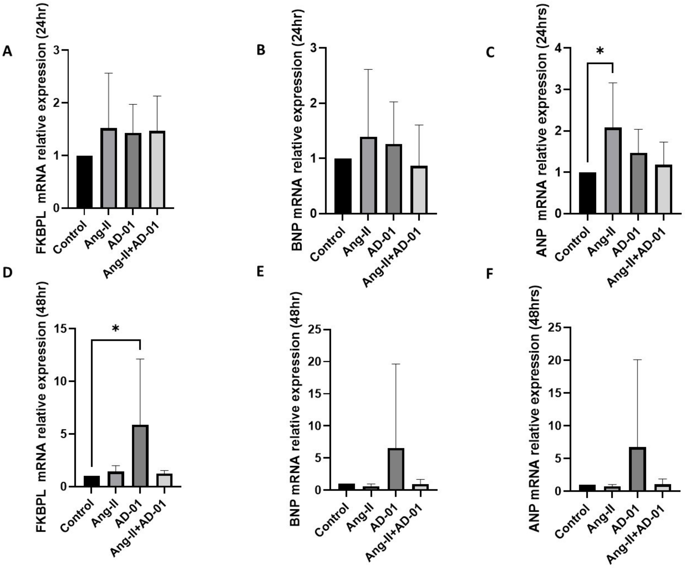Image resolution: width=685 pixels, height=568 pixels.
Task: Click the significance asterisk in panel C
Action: coord(599,51)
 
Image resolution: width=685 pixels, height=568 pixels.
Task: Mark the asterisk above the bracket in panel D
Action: coord(115,329)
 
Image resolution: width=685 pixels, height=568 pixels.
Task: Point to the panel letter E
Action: coord(260,272)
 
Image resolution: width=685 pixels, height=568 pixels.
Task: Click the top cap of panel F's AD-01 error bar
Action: coord(637,360)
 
